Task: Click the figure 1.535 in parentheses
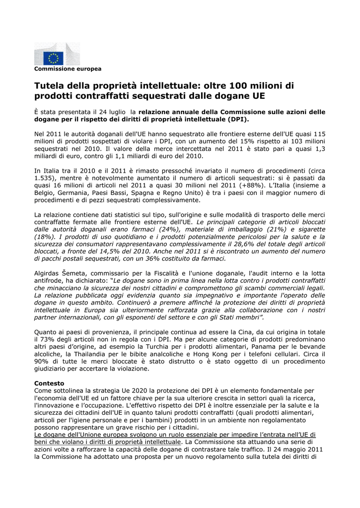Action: (44, 177)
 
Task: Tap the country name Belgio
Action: (45, 192)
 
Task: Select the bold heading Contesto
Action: (49, 383)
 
